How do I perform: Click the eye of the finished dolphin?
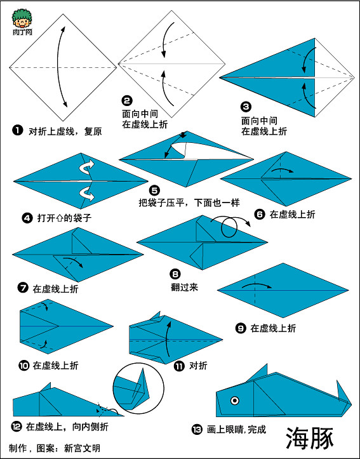click(x=235, y=401)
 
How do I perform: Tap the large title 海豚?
click(x=309, y=437)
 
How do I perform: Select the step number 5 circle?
click(x=154, y=190)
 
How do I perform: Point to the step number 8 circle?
click(x=175, y=274)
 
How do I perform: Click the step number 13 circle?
click(x=196, y=430)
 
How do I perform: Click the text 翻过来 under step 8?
click(x=184, y=288)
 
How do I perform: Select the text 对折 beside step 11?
click(x=198, y=366)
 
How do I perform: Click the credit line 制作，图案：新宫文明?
click(x=55, y=448)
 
